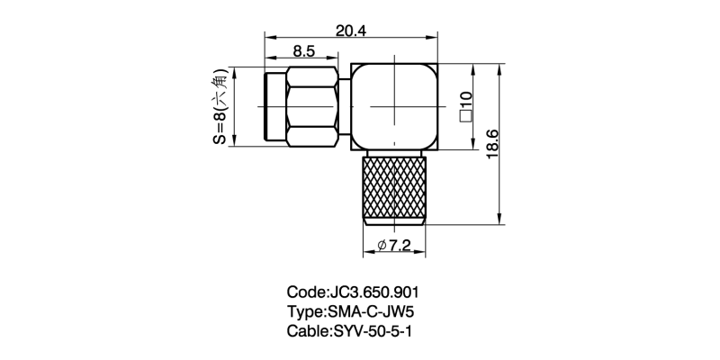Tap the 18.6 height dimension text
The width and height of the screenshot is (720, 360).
[x=491, y=143]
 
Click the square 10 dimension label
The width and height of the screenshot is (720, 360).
[x=466, y=105]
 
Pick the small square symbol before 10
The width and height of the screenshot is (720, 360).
[x=466, y=115]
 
